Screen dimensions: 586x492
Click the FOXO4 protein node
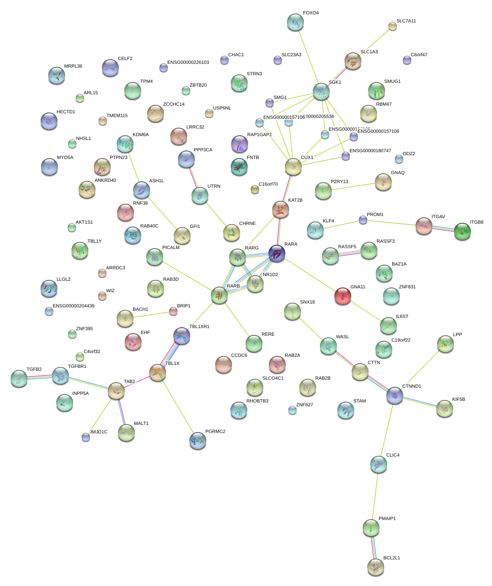point(295,22)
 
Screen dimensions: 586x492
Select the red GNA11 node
point(342,296)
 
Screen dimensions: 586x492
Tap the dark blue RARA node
point(277,253)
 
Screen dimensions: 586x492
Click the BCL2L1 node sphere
point(376,567)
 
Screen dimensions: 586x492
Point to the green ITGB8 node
point(462,231)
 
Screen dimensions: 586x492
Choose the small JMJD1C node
point(86,437)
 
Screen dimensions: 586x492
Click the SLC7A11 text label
point(406,21)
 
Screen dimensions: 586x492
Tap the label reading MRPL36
point(73,66)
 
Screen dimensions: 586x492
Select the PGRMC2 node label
point(215,432)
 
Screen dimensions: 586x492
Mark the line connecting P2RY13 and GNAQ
point(353,186)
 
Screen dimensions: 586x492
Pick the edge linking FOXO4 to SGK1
point(308,57)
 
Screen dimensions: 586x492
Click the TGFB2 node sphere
point(19,378)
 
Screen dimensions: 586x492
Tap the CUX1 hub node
point(293,167)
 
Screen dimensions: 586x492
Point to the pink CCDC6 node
point(224,364)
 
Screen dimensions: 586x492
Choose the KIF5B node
point(444,408)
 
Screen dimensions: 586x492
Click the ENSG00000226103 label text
point(188,63)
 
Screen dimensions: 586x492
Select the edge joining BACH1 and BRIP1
point(149,315)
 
